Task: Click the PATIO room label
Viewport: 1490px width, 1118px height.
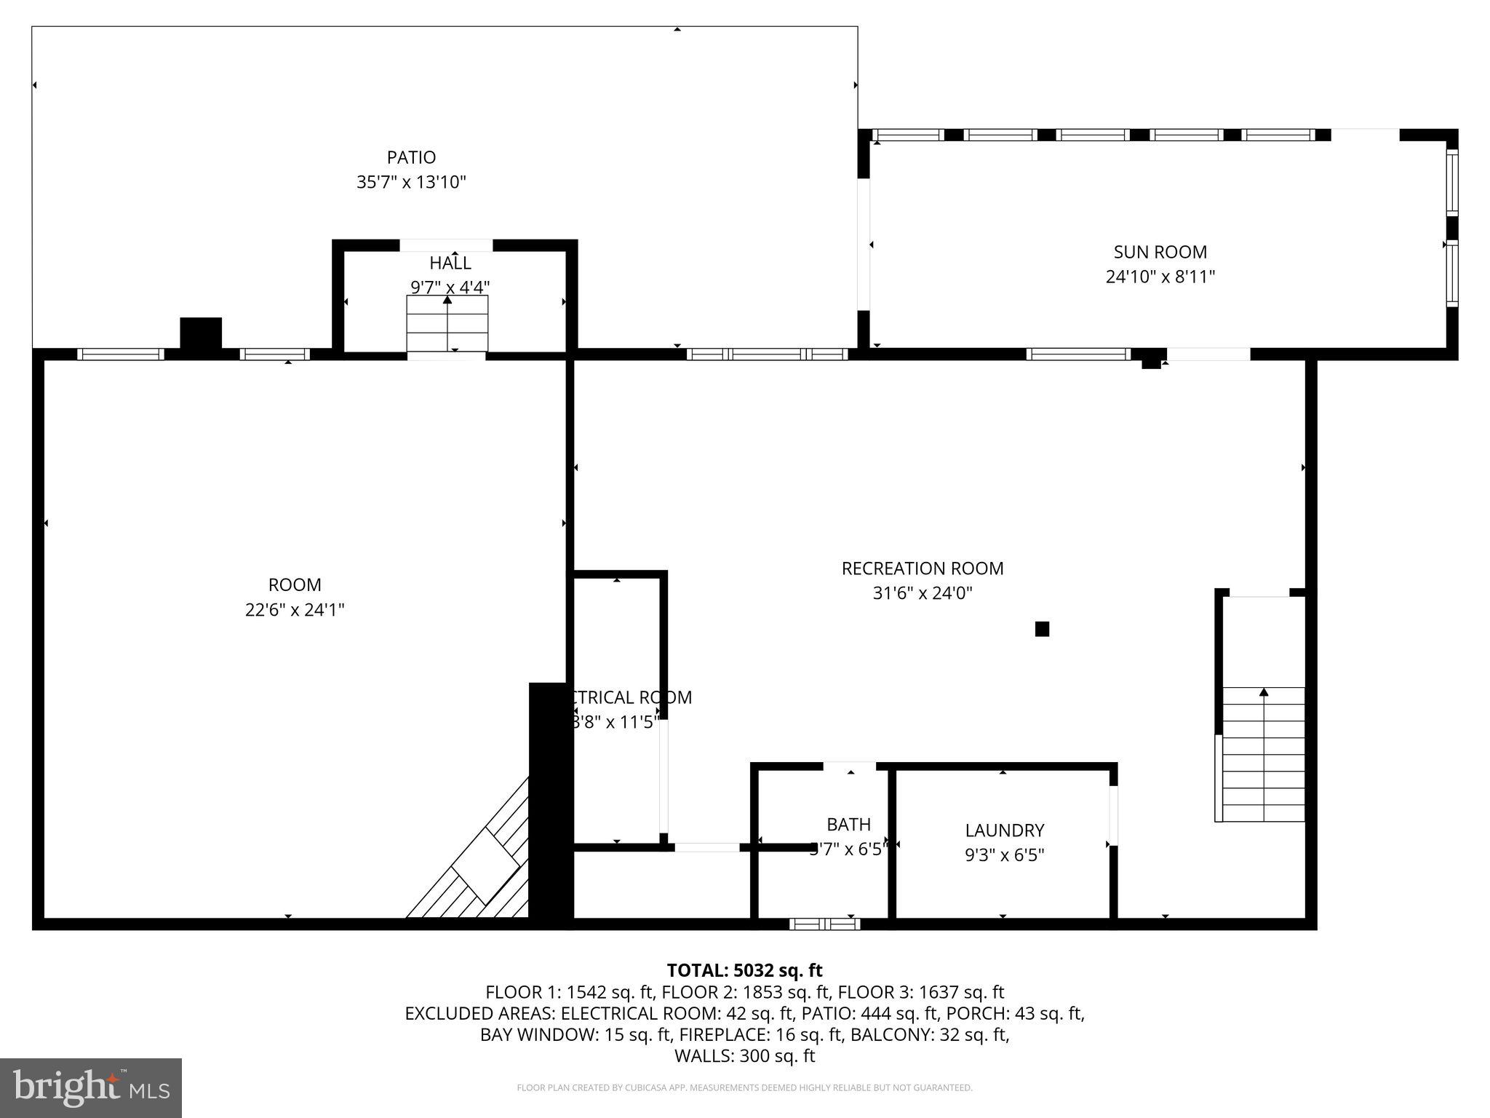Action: point(411,157)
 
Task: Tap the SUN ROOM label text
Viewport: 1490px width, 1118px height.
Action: point(1160,252)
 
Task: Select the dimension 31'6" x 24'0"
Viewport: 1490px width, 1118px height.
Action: point(922,593)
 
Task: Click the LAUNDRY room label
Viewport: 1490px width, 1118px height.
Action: point(1004,830)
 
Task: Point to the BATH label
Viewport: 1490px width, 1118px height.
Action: point(848,824)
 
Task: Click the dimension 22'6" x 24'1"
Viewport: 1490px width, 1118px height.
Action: point(294,610)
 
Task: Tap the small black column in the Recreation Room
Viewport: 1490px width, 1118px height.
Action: point(1042,629)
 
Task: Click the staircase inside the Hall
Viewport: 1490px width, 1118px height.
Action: point(447,324)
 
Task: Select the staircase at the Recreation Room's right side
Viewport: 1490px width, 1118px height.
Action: point(1263,754)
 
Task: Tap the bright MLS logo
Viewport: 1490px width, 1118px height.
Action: point(91,1087)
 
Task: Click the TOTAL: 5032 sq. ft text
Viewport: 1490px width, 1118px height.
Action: point(744,970)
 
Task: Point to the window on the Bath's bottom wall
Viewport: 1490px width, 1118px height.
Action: point(824,924)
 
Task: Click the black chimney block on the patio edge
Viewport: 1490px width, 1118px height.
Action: point(201,334)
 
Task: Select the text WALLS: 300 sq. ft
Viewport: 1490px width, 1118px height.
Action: point(744,1055)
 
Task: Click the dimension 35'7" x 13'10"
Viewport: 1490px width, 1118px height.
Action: point(411,182)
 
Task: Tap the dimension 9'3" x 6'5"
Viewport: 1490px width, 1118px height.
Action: point(1004,855)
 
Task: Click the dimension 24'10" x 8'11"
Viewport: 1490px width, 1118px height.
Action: point(1160,277)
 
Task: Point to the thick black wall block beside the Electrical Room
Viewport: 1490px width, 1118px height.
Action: point(549,804)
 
